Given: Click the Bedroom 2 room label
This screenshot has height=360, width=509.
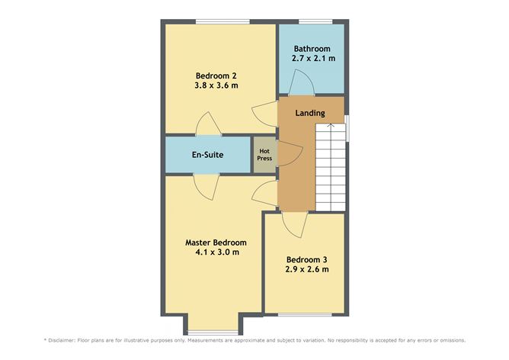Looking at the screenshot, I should [216, 75].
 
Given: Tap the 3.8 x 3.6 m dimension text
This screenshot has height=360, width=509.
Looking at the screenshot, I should [216, 85].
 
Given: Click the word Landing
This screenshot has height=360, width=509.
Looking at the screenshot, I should [310, 113].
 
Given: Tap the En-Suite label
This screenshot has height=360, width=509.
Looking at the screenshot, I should [206, 155].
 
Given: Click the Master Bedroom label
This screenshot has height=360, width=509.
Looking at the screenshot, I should [216, 243].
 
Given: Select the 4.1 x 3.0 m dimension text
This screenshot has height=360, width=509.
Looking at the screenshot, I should [216, 252].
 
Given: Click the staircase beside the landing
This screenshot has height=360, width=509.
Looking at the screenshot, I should [331, 168].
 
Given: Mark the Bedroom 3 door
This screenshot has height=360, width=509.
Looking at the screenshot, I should [293, 222].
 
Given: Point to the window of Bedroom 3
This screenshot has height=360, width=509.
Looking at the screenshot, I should [303, 314].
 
